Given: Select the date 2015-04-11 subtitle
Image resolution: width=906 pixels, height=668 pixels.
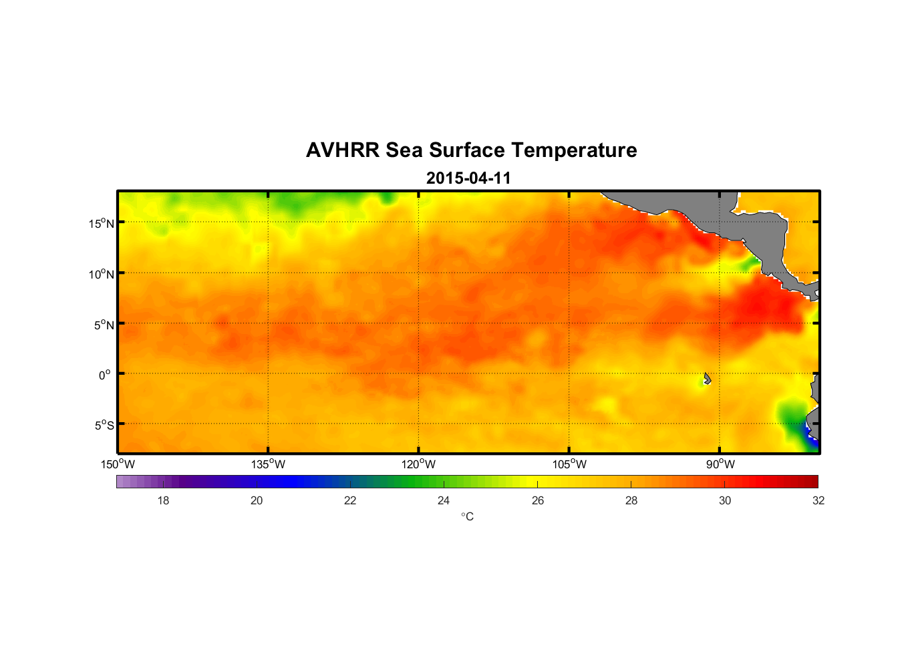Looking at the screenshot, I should [468, 178].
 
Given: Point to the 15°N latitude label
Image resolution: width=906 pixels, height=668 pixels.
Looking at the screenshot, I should [101, 223].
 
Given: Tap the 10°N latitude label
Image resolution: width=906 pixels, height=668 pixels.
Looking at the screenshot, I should [101, 274].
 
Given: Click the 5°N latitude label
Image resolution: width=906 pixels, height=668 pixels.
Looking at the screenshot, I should [104, 325].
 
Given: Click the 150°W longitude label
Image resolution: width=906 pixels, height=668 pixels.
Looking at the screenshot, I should [118, 464].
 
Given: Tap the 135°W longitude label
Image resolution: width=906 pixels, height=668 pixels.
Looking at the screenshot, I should [268, 464].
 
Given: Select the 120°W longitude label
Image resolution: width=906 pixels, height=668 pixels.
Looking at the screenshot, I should [418, 464].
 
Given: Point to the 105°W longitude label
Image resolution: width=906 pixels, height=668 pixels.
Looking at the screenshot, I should [569, 464].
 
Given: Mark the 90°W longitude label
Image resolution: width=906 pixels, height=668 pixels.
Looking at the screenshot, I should [720, 464].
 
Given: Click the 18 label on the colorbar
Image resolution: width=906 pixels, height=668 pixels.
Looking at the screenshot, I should [163, 500].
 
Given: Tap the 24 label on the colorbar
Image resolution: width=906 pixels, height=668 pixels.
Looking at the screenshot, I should [444, 500].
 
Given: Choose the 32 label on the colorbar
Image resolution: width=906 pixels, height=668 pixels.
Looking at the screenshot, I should [818, 500].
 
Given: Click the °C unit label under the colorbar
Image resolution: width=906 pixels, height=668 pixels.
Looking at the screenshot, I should [467, 516].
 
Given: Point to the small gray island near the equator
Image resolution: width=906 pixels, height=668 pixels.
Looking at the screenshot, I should [707, 378].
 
